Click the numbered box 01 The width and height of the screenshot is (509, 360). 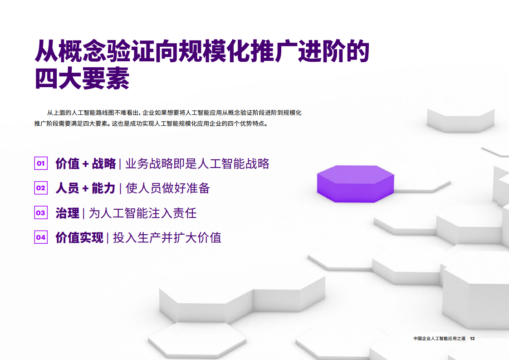pos(41,163)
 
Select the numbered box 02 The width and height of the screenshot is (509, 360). pos(41,188)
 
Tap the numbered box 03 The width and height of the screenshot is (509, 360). pos(41,213)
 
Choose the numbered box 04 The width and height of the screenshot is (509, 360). pos(41,237)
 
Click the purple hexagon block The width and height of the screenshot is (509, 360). pos(356,184)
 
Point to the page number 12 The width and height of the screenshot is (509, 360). pos(472,339)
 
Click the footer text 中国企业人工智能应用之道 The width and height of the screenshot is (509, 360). pos(439,339)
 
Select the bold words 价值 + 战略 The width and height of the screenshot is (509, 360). pos(86,163)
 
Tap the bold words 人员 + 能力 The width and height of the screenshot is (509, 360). pos(85,188)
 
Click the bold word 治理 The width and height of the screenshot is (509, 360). pos(67,213)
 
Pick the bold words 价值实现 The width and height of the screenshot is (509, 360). pos(79,237)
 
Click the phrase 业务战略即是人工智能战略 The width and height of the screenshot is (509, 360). pos(197,163)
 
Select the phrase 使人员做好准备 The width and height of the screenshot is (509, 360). pos(167,188)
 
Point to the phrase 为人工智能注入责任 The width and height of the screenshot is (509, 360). pos(142,213)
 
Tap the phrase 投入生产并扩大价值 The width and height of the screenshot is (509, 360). pos(167,237)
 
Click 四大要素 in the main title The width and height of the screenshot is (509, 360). pos(82,78)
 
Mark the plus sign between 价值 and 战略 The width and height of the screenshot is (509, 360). pos(86,164)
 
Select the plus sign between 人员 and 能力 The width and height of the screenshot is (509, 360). pos(85,188)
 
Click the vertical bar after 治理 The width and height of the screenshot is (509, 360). pos(84,213)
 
